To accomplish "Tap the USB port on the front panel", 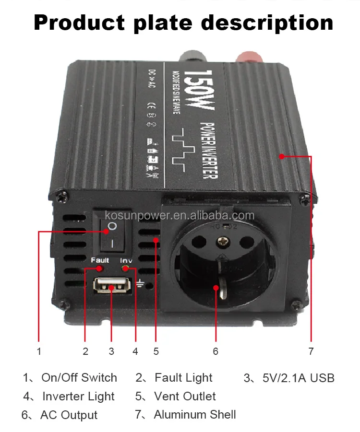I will tap(112, 287).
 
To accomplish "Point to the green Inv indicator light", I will tap(126, 269).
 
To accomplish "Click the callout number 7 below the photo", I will tap(311, 351).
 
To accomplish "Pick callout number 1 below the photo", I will tap(39, 351).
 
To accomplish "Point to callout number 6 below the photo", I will tap(216, 351).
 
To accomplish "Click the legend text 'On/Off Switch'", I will tap(79, 378).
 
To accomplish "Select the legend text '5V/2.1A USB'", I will tap(299, 378).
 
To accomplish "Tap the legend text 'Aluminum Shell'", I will tap(195, 414).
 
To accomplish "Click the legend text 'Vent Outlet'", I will tap(185, 397).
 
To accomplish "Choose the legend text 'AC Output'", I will tap(69, 415).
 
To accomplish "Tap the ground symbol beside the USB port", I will tap(140, 284).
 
